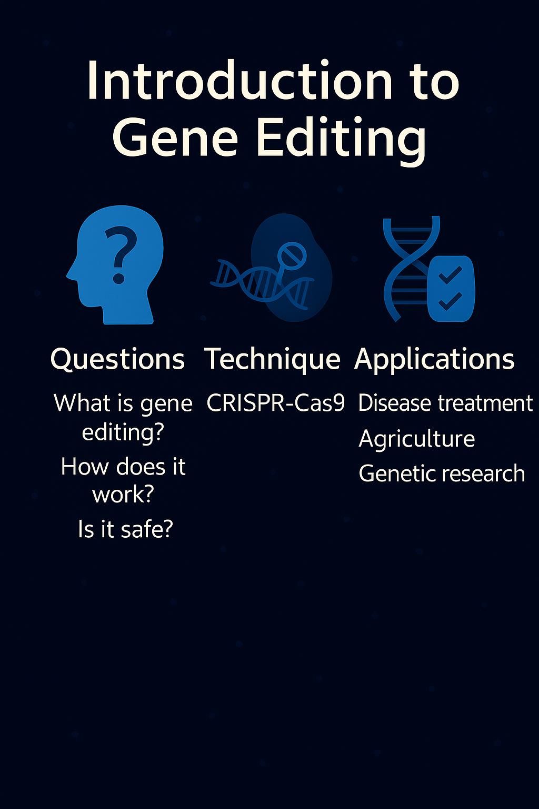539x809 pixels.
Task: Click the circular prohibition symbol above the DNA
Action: [x=291, y=254]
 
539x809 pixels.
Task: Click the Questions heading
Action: [x=117, y=360]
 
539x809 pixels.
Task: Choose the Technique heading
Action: [x=273, y=360]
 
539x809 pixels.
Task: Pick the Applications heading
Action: [x=434, y=360]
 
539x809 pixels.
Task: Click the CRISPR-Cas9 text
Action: [x=276, y=403]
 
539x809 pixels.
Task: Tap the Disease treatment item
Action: [x=445, y=403]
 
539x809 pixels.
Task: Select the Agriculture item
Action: [x=416, y=439]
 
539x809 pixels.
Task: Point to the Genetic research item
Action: [x=442, y=473]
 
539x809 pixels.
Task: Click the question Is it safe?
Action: [x=125, y=529]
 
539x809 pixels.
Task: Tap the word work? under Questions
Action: [x=123, y=495]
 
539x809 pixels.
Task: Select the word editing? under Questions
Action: [x=123, y=432]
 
